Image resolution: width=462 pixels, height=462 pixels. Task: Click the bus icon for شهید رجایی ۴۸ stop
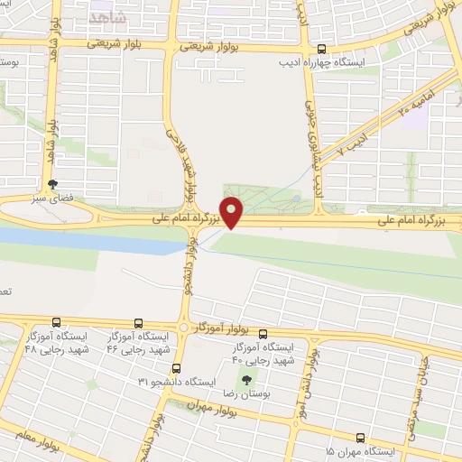[58, 321]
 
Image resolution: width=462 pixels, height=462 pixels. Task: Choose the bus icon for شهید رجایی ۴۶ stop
[138, 321]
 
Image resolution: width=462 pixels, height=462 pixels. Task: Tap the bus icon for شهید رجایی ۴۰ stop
[263, 334]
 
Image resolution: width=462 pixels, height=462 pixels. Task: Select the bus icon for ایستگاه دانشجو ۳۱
[176, 368]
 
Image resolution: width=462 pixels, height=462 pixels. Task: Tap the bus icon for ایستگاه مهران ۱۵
[360, 437]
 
